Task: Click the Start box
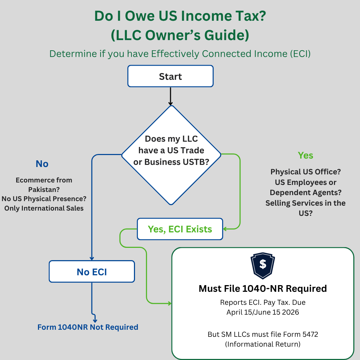pos(170,76)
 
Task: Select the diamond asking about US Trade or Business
pos(171,155)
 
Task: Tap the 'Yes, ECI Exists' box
pos(180,229)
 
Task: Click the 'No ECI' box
pos(92,271)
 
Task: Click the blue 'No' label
pos(42,164)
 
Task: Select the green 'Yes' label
pos(305,155)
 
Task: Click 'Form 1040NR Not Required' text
pos(88,327)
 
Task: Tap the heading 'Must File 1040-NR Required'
pos(263,289)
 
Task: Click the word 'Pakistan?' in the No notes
pos(44,189)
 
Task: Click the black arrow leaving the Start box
pos(171,96)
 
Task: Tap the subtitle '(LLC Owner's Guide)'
pos(180,35)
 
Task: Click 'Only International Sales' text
pos(44,208)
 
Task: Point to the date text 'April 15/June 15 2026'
pos(263,312)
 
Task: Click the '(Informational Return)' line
pos(263,344)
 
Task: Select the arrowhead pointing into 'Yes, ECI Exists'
pos(225,229)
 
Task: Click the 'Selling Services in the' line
pos(306,203)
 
